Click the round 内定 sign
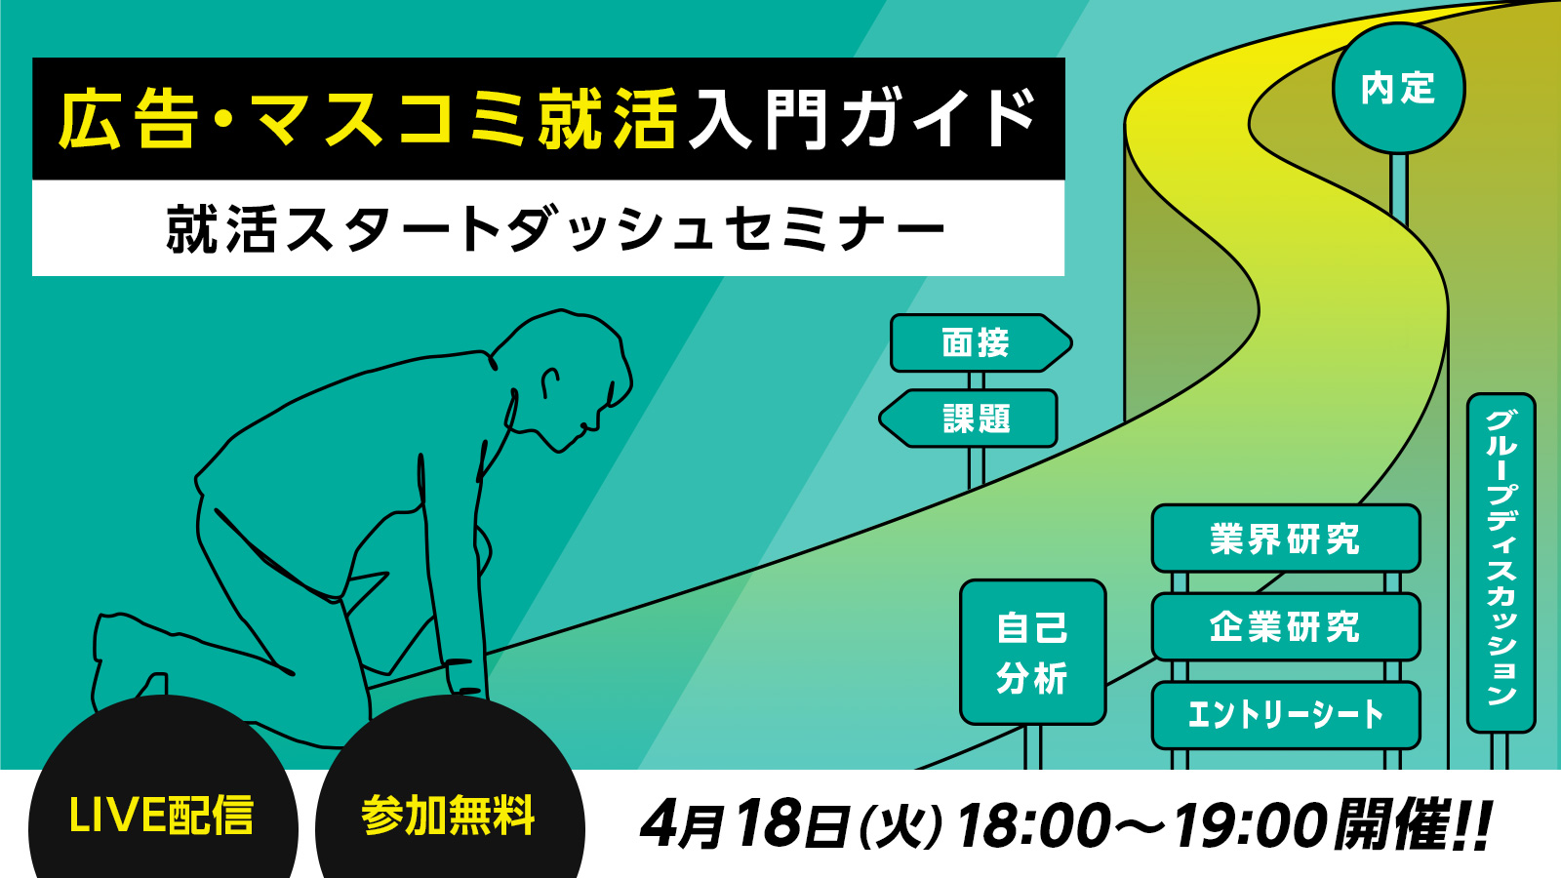(x=1398, y=89)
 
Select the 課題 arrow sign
(x=969, y=419)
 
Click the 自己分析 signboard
(x=1033, y=653)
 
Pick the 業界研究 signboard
(x=1286, y=539)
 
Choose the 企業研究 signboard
(x=1286, y=626)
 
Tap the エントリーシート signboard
(x=1286, y=715)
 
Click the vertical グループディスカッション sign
(x=1501, y=563)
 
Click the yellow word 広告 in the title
(x=126, y=119)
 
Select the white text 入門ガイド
(x=862, y=119)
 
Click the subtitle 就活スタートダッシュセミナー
(x=555, y=228)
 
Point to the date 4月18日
(x=745, y=824)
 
